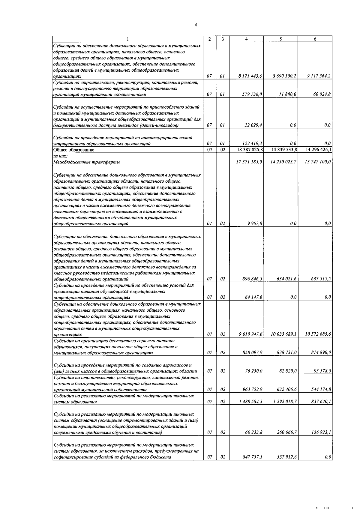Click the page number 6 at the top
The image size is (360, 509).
196,25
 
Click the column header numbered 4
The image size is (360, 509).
246,39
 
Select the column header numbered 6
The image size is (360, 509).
315,39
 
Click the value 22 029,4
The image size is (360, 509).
254,125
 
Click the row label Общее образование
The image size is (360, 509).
74,150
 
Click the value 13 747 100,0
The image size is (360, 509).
317,162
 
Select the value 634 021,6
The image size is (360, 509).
287,279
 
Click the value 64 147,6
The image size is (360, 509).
254,297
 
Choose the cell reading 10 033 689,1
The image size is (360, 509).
283,334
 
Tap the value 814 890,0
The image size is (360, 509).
321,353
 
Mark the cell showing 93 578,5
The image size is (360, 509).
322,371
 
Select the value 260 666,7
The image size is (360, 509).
287,433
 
